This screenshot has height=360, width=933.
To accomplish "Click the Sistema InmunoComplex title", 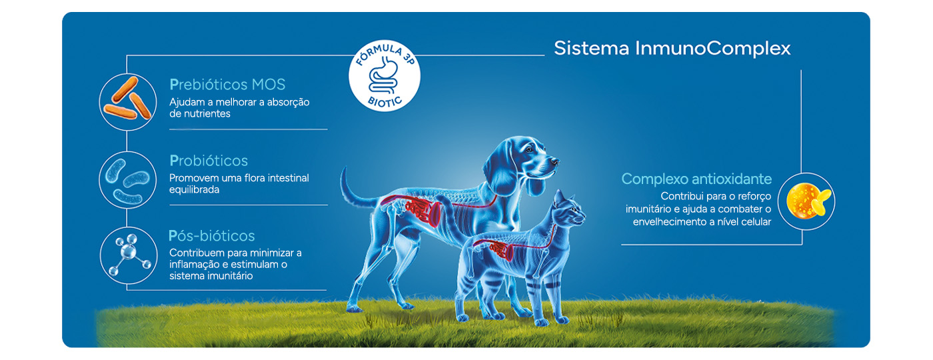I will (672, 49).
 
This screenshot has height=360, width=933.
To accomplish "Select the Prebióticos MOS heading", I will (227, 85).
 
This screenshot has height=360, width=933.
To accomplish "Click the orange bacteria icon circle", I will (127, 102).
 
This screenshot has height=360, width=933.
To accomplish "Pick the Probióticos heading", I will (209, 161).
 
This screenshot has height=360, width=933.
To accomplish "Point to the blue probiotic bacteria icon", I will (127, 179).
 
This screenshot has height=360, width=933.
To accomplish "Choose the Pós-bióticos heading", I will (212, 236).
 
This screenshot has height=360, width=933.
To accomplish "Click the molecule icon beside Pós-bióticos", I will (127, 255).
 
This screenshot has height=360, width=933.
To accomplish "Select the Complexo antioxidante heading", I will (696, 179).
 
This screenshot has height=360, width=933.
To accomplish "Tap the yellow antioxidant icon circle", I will (806, 201).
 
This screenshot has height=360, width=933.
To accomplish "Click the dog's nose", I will (555, 161).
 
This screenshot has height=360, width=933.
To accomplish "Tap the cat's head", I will (568, 212).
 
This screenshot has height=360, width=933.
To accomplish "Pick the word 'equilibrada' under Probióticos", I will (195, 190).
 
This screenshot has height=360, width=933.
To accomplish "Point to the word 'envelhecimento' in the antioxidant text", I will (668, 222).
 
